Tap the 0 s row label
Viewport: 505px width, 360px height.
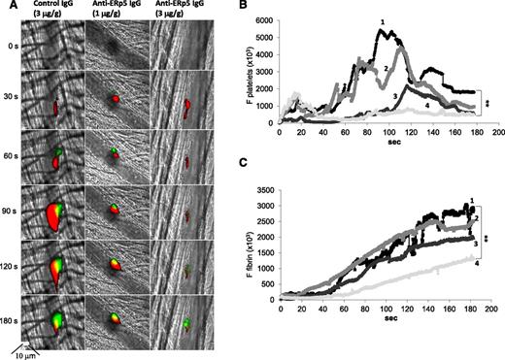(11, 46)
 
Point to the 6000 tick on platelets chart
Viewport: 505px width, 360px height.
(264, 20)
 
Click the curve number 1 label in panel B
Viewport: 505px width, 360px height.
(382, 21)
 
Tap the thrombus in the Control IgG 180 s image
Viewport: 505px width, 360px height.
(53, 318)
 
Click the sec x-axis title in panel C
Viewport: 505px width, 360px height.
(387, 317)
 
